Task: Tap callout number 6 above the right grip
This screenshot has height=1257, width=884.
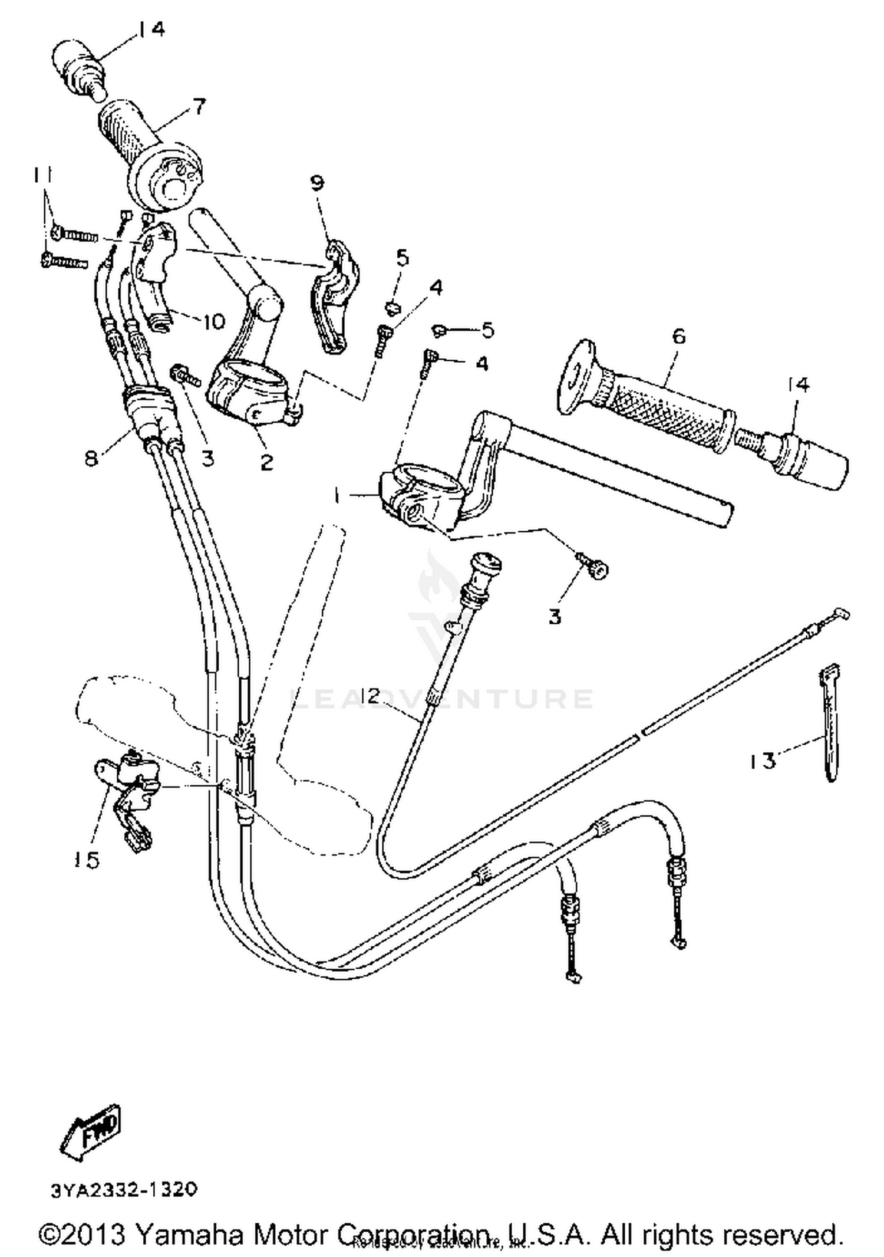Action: [x=679, y=337]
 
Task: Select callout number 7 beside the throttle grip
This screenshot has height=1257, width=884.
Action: [x=199, y=107]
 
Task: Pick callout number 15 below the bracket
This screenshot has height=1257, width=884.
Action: [x=86, y=860]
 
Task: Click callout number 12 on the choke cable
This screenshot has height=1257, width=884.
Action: [x=371, y=696]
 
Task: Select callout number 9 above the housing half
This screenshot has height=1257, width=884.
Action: [x=317, y=183]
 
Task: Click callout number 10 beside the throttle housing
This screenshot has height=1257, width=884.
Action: [x=213, y=321]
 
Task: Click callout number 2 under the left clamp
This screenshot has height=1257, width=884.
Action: [x=266, y=462]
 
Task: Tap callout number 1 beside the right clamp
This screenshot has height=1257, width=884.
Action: [x=337, y=496]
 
